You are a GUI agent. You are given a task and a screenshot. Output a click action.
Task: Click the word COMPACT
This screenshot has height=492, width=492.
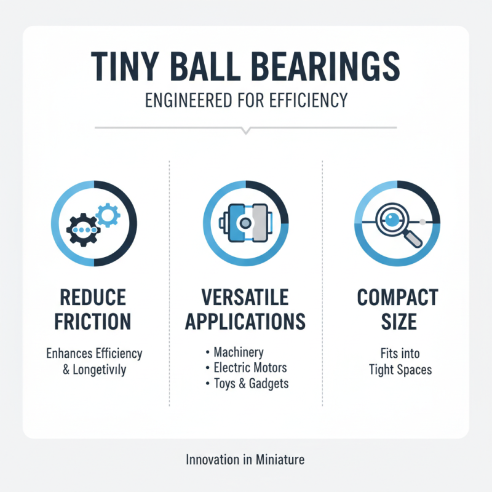pyautogui.click(x=398, y=298)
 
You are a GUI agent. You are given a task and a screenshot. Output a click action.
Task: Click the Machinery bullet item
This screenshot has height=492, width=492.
pyautogui.click(x=238, y=352)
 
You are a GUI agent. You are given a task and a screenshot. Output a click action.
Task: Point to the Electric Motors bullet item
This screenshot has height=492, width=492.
pyautogui.click(x=250, y=368)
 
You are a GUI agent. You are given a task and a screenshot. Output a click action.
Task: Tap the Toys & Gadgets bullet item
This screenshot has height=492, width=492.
pyautogui.click(x=251, y=384)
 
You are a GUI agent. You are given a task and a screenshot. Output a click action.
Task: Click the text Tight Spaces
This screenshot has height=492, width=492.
pyautogui.click(x=400, y=370)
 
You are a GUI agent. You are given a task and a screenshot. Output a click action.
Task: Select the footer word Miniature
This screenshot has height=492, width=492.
pyautogui.click(x=279, y=459)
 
